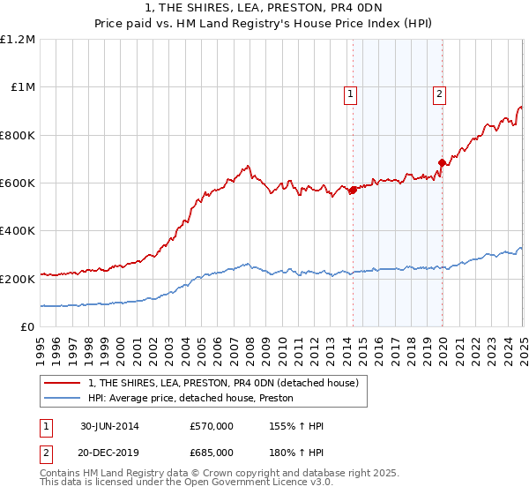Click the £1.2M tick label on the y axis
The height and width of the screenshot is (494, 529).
pyautogui.click(x=19, y=40)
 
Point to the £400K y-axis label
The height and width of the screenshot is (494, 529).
pyautogui.click(x=19, y=230)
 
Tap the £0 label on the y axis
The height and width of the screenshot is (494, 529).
pyautogui.click(x=28, y=326)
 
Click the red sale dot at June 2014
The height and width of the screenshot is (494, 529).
pyautogui.click(x=353, y=190)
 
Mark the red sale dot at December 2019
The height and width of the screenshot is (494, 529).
pyautogui.click(x=442, y=162)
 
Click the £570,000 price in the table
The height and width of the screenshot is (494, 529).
pyautogui.click(x=212, y=426)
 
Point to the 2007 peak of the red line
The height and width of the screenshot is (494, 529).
pyautogui.click(x=249, y=166)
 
